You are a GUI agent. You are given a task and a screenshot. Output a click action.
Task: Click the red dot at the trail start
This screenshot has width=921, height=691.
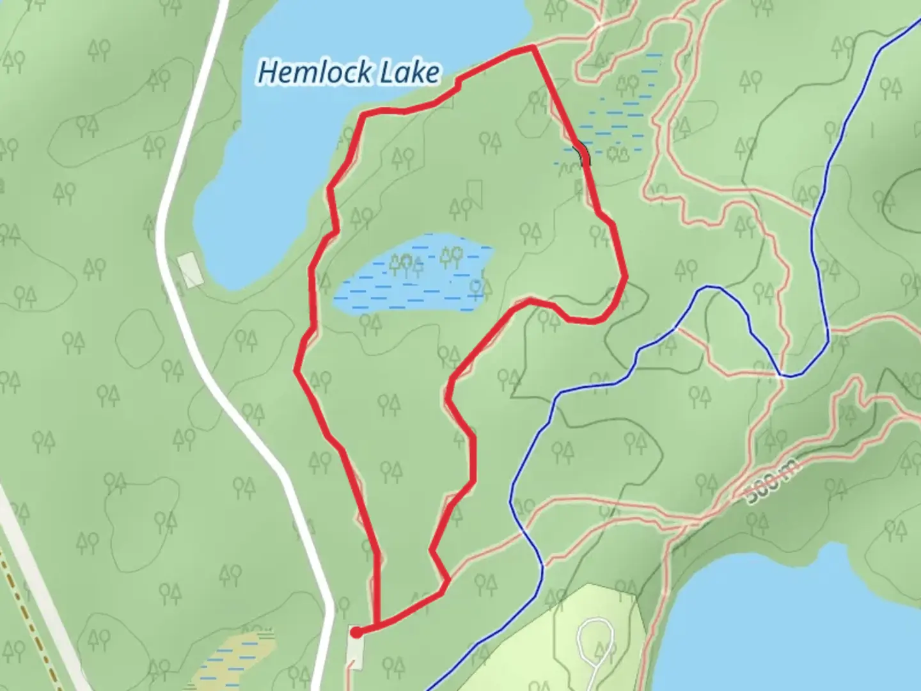click(356, 631)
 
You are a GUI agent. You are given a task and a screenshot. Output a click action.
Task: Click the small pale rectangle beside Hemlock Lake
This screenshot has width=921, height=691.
click(189, 269)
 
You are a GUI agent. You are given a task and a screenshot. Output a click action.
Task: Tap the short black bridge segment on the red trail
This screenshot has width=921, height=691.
click(581, 154)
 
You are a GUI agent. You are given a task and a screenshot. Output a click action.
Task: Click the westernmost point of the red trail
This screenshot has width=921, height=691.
click(297, 370)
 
